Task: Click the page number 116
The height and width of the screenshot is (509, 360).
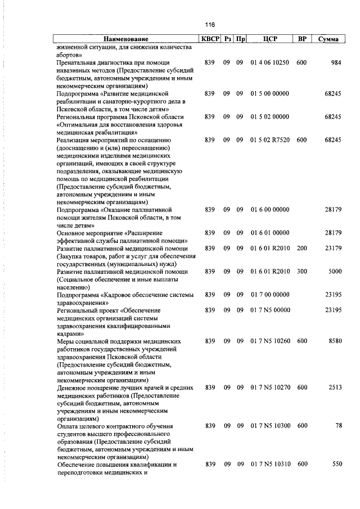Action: click(x=210, y=25)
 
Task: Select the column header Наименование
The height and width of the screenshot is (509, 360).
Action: click(x=125, y=39)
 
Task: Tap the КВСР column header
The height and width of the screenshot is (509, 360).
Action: click(x=210, y=39)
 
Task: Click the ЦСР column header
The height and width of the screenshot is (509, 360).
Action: click(x=271, y=39)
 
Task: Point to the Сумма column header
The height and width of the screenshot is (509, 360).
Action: click(x=328, y=39)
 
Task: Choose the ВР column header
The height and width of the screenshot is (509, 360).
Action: click(x=302, y=39)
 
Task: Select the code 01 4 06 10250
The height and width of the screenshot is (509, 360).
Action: click(x=271, y=62)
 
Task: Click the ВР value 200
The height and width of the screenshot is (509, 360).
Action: click(x=302, y=248)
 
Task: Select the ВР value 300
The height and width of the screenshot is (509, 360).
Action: click(x=302, y=272)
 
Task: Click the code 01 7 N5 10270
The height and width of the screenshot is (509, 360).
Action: click(x=271, y=388)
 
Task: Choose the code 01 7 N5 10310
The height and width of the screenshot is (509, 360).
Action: click(x=271, y=465)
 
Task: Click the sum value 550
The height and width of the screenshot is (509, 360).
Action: click(x=337, y=465)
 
